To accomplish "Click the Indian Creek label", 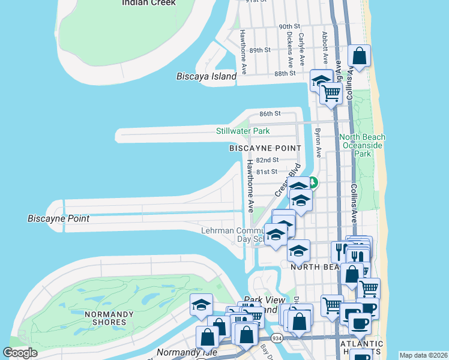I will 148,3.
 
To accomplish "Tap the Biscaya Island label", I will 206,77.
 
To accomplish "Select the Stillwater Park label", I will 243,131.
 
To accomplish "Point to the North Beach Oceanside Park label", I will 362,145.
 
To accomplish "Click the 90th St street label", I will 289,27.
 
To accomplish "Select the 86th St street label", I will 270,113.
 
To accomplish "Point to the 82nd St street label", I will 267,160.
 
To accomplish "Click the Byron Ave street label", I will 318,143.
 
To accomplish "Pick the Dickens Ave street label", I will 289,49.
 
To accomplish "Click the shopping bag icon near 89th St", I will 359,56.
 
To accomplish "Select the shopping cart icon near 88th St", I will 330,93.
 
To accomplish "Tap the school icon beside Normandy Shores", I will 202,304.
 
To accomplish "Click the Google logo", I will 20,353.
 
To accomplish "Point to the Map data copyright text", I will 423,355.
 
